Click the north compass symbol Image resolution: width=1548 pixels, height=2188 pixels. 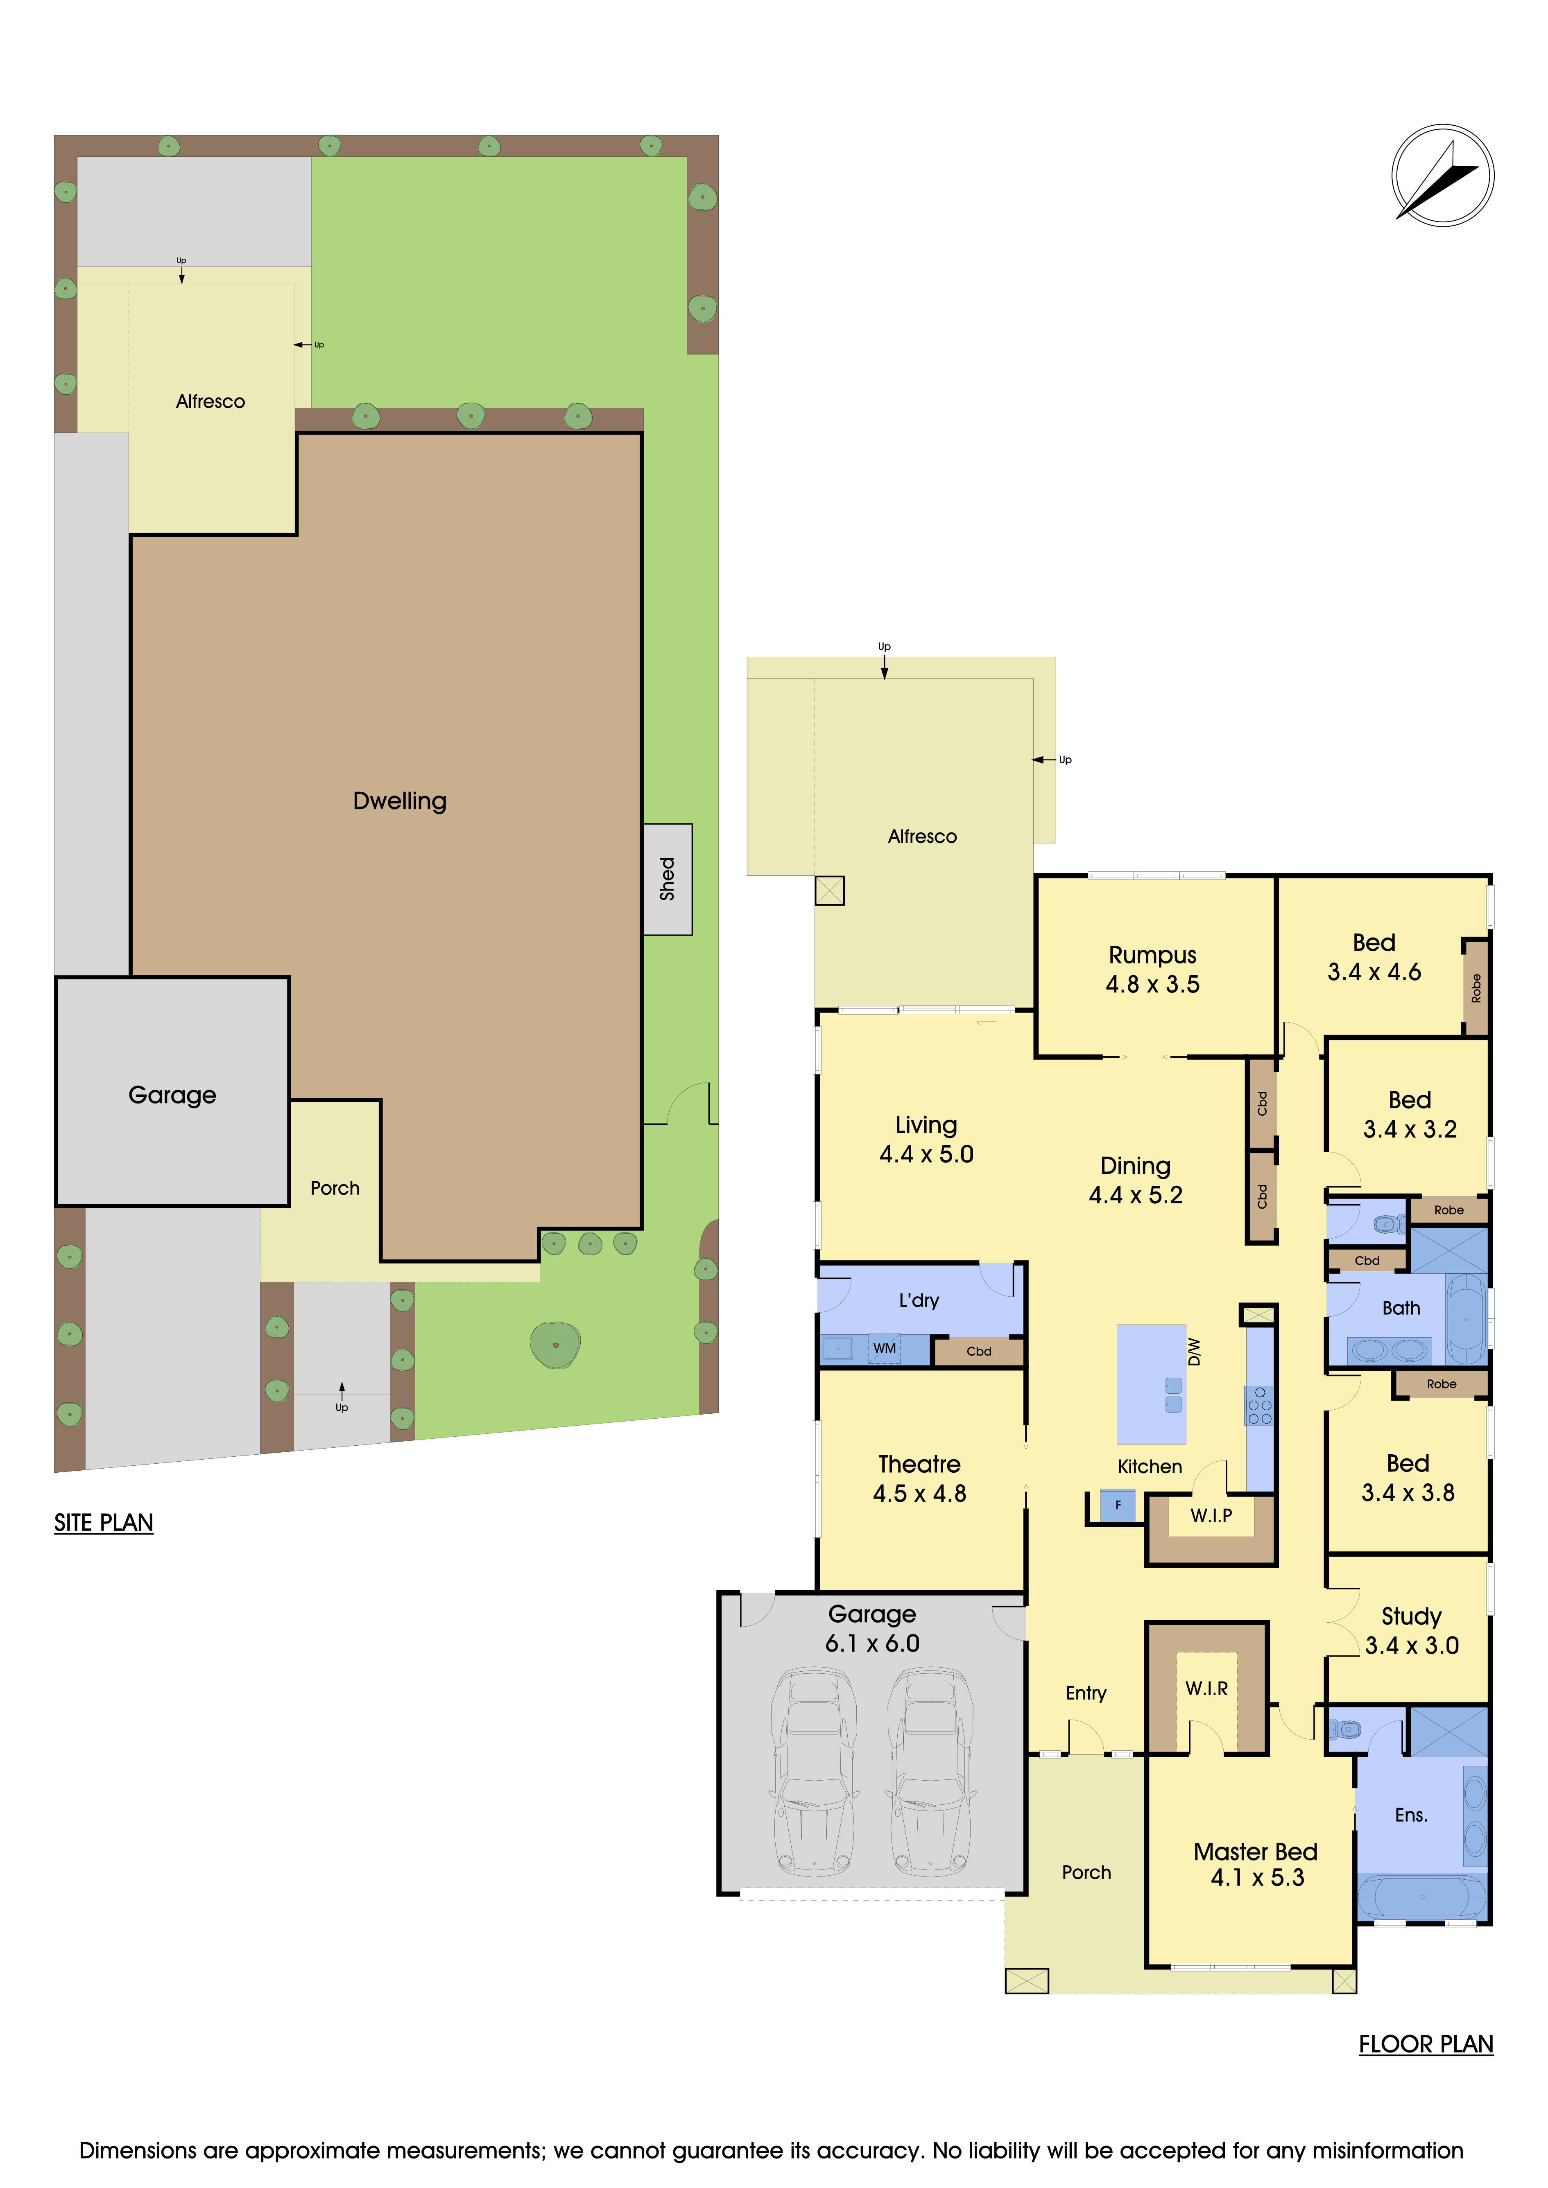pyautogui.click(x=1442, y=175)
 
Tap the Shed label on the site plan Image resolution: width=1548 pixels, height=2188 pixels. pyautogui.click(x=667, y=879)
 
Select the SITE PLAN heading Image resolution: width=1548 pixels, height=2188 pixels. pyautogui.click(x=103, y=1522)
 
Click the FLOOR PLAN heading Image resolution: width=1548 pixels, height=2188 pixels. pyautogui.click(x=1425, y=2044)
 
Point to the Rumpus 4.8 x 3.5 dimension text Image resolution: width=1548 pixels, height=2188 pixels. pyautogui.click(x=1152, y=984)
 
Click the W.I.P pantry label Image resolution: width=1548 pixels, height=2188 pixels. pyautogui.click(x=1211, y=1515)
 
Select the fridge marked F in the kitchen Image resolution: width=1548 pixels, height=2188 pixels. pyautogui.click(x=1118, y=1505)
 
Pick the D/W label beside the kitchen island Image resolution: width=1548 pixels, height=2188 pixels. pyautogui.click(x=1194, y=1351)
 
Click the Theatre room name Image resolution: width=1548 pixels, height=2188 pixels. pyautogui.click(x=919, y=1464)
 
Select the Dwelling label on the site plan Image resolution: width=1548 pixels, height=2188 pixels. pyautogui.click(x=399, y=800)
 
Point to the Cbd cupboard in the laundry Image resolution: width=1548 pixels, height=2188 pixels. pyautogui.click(x=979, y=1351)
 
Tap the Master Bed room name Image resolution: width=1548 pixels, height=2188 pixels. pyautogui.click(x=1255, y=1851)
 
